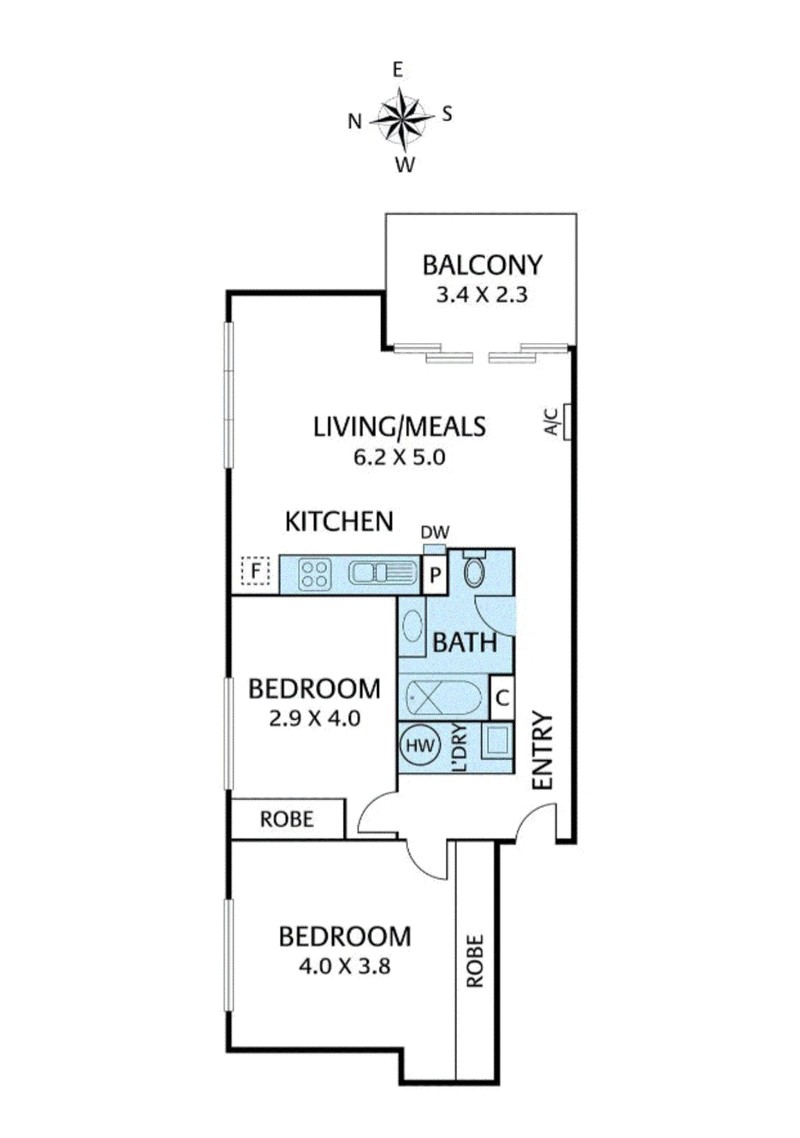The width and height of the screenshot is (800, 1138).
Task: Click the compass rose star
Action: (x=400, y=118)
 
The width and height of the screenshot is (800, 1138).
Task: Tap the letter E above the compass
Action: (x=398, y=69)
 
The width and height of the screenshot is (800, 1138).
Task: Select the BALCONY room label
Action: (x=482, y=266)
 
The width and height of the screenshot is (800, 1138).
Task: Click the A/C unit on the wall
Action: (x=567, y=422)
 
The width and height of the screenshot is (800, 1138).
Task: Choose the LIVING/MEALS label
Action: (x=400, y=428)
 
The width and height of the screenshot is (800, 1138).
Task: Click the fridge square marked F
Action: (x=256, y=573)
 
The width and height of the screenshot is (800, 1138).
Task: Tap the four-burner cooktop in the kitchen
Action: (x=316, y=573)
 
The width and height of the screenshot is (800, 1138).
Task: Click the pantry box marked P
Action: (x=436, y=575)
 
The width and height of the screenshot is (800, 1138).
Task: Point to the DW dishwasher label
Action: (x=433, y=533)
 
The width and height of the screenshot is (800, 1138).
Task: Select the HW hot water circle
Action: (x=419, y=746)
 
